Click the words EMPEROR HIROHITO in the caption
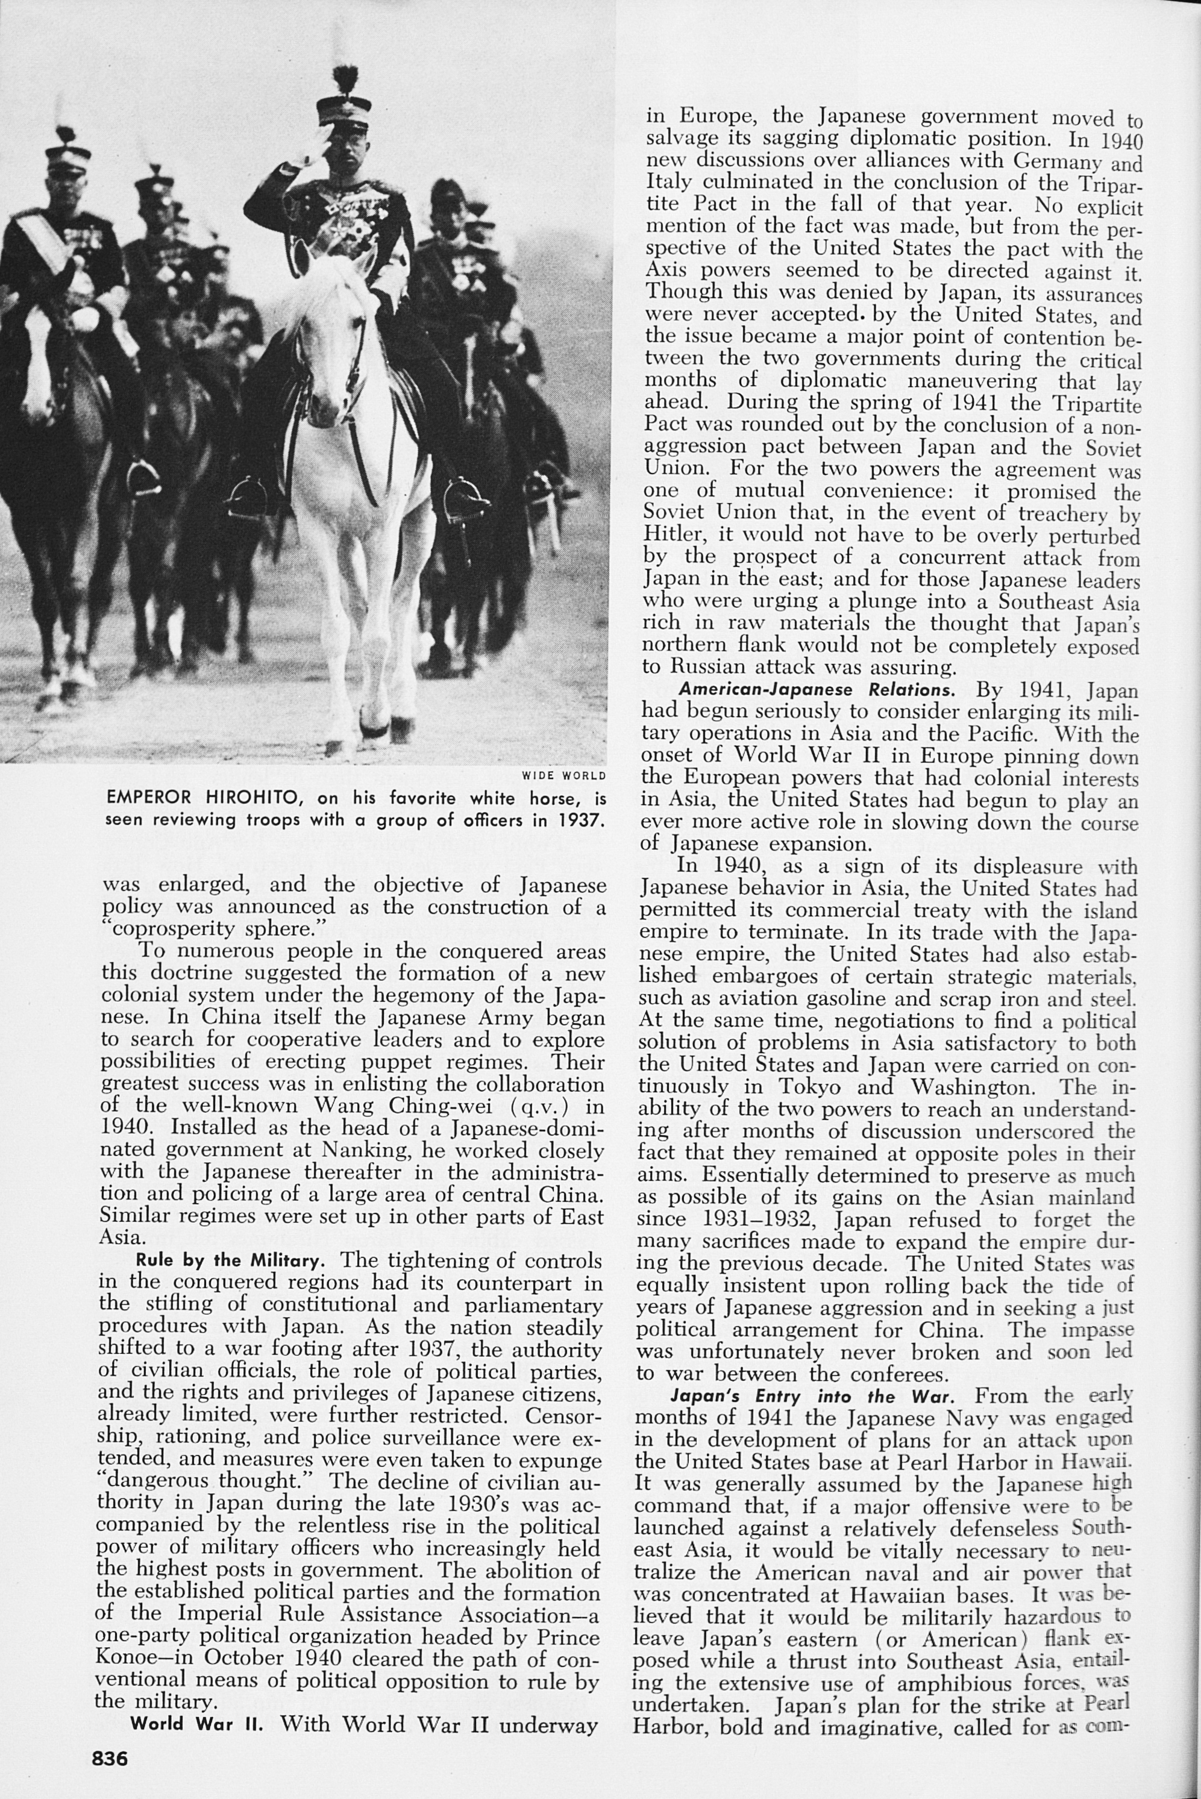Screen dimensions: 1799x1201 207,799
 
